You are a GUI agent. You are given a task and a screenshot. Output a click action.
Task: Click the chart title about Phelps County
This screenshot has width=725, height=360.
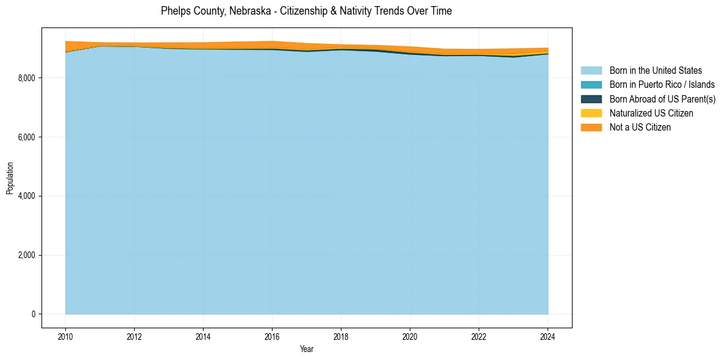[x=306, y=11]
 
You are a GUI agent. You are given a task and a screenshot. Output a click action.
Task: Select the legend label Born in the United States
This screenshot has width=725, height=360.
[x=655, y=71]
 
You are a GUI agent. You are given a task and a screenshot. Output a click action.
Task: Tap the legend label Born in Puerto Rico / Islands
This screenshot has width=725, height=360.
[x=662, y=85]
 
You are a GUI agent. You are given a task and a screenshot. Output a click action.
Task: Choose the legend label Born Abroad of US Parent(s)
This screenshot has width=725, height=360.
[x=662, y=99]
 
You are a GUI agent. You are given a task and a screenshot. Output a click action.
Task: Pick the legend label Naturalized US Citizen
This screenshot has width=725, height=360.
[x=651, y=113]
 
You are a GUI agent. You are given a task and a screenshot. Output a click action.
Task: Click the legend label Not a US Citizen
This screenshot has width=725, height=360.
[x=640, y=127]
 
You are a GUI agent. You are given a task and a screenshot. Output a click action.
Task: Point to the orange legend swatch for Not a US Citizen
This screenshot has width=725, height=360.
[x=591, y=127]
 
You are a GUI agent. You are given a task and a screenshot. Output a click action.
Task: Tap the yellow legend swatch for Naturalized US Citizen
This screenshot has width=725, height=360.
[x=591, y=113]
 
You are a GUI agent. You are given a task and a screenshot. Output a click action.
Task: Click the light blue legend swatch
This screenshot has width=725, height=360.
[x=591, y=71]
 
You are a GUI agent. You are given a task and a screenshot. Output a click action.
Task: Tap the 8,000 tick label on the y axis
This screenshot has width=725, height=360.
[x=28, y=78]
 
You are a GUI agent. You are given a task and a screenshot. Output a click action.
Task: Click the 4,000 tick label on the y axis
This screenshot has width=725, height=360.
[x=28, y=196]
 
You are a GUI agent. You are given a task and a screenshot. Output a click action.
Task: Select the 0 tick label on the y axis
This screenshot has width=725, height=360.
[x=34, y=314]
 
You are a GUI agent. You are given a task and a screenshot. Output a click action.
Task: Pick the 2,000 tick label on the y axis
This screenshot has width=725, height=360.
[x=28, y=255]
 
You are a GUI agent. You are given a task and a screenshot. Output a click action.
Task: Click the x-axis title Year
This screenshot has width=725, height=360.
[x=306, y=349]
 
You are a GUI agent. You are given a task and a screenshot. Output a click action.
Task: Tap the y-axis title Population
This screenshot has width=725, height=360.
[x=10, y=178]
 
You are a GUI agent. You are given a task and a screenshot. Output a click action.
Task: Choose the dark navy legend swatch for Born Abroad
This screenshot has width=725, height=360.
[x=591, y=99]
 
